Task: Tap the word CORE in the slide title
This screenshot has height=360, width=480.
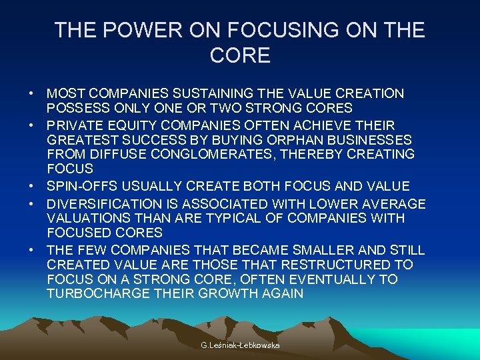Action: click(x=240, y=56)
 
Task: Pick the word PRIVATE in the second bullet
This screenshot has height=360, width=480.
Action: click(x=76, y=125)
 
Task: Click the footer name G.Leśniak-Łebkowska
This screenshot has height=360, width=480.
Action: click(x=239, y=345)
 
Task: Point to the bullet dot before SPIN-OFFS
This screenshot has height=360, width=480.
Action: click(x=32, y=186)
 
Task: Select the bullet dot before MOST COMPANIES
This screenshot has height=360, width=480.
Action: click(x=32, y=94)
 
